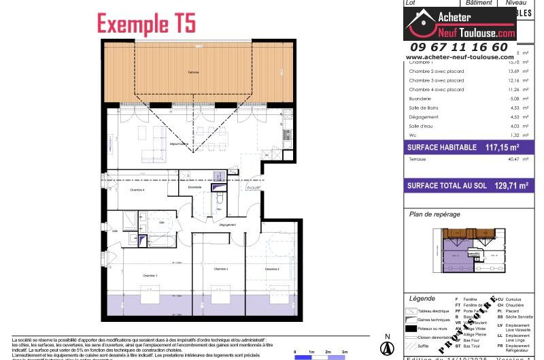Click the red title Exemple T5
tap(146, 23)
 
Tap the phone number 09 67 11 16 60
tap(457, 47)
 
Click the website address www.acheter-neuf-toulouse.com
tap(459, 57)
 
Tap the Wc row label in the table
tap(412, 135)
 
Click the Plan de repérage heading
tap(434, 214)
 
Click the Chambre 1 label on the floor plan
tap(150, 275)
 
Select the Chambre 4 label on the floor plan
tap(138, 190)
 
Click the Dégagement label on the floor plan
tap(228, 225)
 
